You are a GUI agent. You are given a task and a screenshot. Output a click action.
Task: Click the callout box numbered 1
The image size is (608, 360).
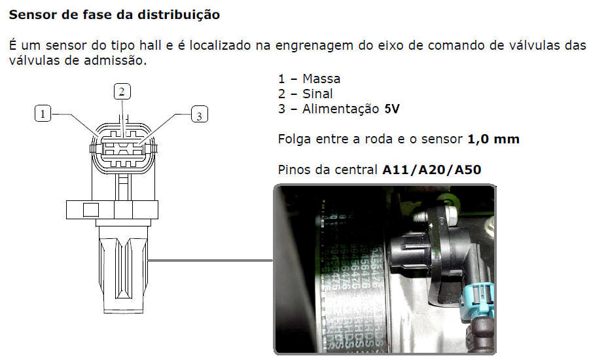[x=43, y=114]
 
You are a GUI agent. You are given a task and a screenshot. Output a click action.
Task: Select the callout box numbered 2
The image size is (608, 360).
[x=122, y=92]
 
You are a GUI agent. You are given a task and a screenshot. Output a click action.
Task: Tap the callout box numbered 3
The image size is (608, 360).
[x=200, y=115]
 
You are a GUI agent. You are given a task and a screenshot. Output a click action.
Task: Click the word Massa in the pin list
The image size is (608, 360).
[x=321, y=79]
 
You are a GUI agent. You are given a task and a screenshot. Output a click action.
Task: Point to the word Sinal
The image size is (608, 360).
[x=317, y=94]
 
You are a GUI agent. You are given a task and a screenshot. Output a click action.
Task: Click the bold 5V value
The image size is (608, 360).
[x=391, y=109]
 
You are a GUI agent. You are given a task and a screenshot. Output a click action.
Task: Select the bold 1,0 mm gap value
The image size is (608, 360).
[x=493, y=139]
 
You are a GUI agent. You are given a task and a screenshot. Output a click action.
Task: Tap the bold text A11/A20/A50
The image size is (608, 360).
[x=431, y=170]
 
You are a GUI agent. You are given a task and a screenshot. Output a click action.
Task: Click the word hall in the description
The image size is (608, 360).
[x=151, y=45]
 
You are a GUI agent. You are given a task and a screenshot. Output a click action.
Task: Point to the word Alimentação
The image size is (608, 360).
[x=341, y=109]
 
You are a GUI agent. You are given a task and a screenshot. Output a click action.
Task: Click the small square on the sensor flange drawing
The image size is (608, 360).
[x=91, y=210]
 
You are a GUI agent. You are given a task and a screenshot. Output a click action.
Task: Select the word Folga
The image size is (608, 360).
[x=295, y=139]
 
